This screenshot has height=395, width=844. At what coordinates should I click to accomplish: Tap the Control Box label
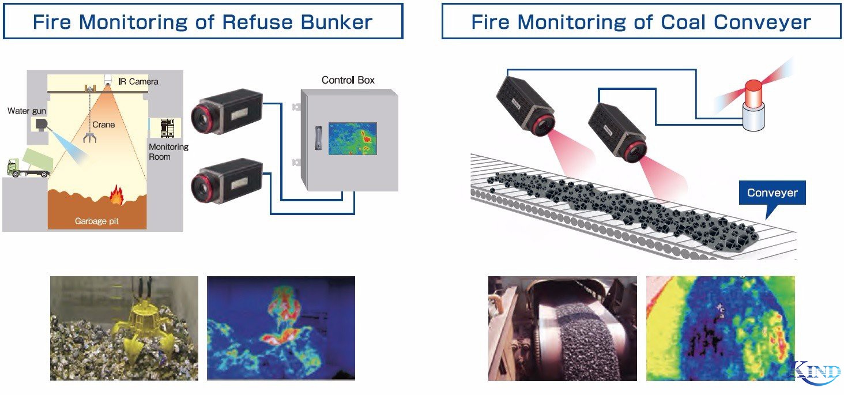coord(348,80)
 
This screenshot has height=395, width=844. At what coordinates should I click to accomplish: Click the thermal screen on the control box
coord(352,138)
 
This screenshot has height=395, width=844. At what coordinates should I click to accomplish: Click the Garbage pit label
coord(96,221)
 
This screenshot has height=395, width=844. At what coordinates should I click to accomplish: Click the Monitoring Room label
coord(168,152)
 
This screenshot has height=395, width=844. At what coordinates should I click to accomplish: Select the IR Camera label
coord(138,81)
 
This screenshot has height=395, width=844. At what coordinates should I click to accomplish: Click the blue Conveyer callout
coord(772,193)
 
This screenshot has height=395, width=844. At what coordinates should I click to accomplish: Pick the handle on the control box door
coord(315,138)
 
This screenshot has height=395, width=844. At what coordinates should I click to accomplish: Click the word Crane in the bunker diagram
coord(104,125)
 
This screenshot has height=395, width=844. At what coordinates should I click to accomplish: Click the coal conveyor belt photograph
coord(562,328)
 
